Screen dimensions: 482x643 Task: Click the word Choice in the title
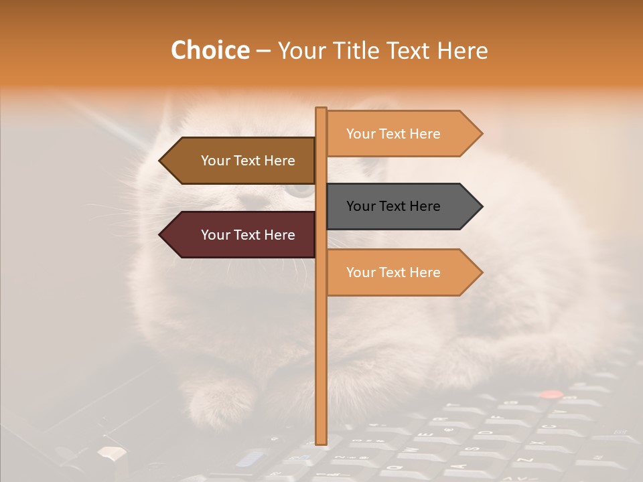tap(210, 50)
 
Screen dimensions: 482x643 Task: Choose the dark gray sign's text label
tap(393, 206)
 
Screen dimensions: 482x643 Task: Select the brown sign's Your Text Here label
tap(248, 161)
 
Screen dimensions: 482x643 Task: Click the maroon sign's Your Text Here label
tap(248, 235)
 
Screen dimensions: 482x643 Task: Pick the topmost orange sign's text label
tap(393, 134)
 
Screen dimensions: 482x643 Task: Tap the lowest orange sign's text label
tap(393, 272)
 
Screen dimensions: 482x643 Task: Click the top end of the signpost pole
tap(321, 109)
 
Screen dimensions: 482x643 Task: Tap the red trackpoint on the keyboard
tap(551, 395)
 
